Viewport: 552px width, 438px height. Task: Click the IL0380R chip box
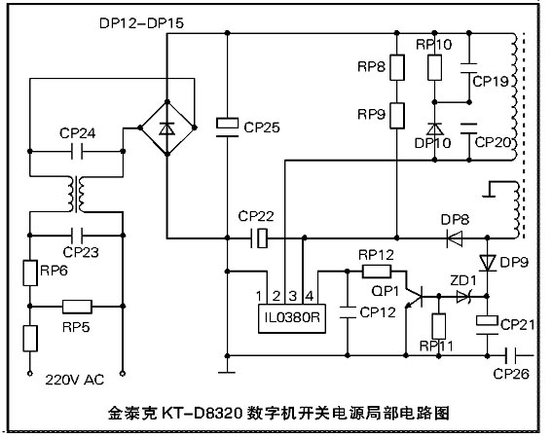[292, 318]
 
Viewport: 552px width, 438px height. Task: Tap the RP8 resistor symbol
[397, 67]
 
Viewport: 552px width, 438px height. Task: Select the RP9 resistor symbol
[397, 116]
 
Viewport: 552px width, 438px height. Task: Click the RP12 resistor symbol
[377, 272]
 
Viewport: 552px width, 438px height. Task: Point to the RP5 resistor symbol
[77, 307]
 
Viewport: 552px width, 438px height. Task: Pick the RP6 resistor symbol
[30, 273]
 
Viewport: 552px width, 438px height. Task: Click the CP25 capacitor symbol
[227, 128]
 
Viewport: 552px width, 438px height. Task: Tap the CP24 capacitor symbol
[77, 152]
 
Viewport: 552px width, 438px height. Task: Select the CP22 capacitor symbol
[260, 238]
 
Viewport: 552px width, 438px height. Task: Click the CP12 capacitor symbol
[348, 312]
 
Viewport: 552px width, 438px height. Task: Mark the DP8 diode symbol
[455, 238]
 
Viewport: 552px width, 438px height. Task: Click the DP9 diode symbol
[488, 263]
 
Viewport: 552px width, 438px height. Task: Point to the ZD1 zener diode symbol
[463, 297]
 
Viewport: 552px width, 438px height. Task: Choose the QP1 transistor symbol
[414, 297]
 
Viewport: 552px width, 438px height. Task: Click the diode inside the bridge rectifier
[166, 128]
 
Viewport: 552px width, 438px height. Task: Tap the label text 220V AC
[75, 380]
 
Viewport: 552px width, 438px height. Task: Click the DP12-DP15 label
[141, 23]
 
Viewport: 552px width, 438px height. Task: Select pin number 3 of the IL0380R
[292, 296]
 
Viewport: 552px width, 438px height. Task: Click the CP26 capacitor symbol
[510, 355]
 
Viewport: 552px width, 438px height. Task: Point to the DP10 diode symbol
[435, 128]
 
